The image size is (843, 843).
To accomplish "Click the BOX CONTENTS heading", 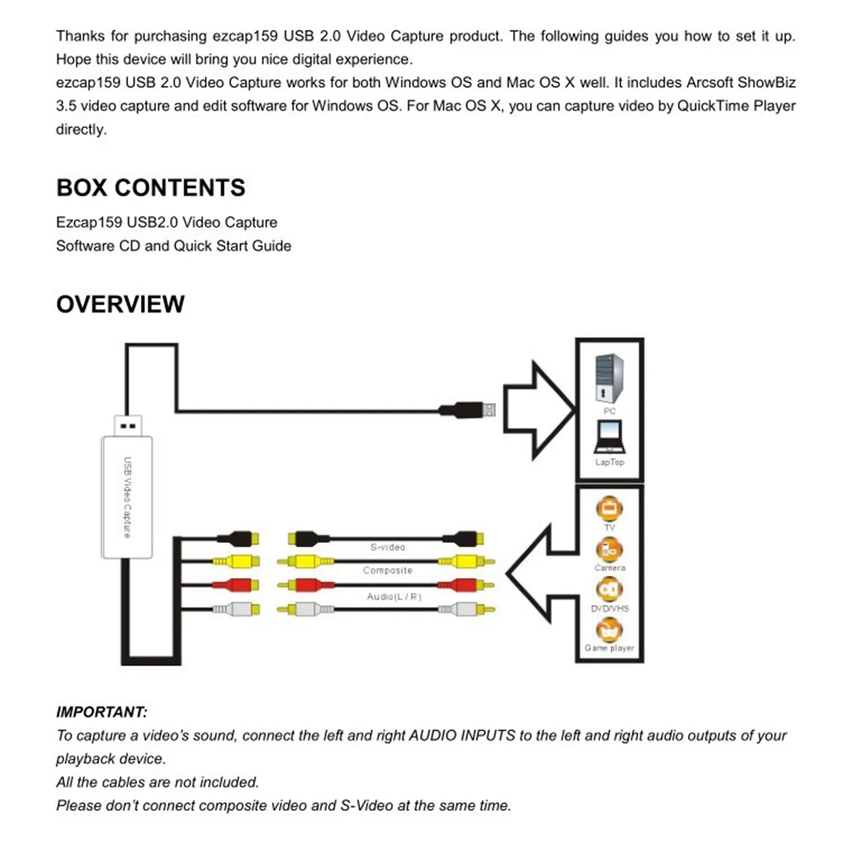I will click(x=151, y=187).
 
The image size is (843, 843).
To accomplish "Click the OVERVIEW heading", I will click(x=120, y=303).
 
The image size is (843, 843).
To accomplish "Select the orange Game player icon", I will click(x=609, y=629).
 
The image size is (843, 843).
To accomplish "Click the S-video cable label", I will click(x=388, y=547).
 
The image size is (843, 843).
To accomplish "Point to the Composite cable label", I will click(x=388, y=571).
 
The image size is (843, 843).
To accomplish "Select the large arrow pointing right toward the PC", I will click(x=540, y=410).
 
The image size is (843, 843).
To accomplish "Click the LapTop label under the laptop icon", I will click(x=609, y=462).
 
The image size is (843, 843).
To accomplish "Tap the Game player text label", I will click(x=609, y=648).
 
